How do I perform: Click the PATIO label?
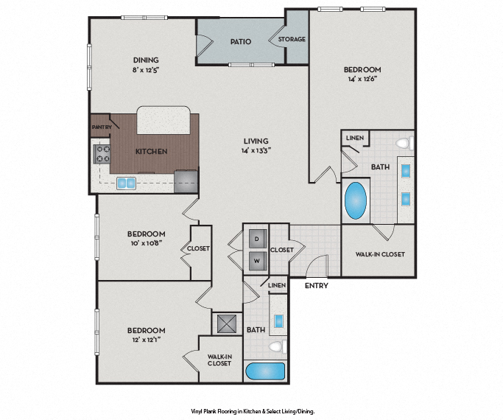241,41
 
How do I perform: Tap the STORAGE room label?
291,39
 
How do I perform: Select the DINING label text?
146,60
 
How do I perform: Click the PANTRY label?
101,127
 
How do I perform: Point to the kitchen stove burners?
101,154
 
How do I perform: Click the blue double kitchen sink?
126,183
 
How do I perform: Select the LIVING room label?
256,141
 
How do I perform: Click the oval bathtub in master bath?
357,200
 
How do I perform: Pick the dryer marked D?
257,239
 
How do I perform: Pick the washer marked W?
257,259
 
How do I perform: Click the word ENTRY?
316,285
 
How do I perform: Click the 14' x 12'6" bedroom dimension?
362,81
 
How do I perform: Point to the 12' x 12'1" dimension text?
145,340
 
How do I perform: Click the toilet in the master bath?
402,143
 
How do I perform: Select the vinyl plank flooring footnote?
252,410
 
